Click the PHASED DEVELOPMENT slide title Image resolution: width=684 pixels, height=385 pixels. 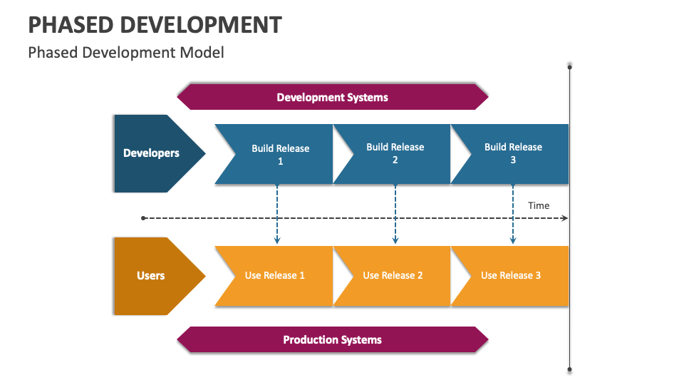tap(155, 24)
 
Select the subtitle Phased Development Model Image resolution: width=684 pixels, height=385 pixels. tap(126, 52)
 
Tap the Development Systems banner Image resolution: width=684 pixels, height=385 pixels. tap(332, 97)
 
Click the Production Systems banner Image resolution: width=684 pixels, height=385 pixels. tap(332, 339)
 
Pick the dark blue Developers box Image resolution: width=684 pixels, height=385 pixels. tap(152, 153)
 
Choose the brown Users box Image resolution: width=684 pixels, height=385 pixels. tap(151, 275)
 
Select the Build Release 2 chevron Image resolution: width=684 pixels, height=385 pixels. tap(395, 153)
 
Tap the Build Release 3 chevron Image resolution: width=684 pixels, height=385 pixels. tap(513, 153)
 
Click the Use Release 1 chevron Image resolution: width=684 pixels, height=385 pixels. tap(275, 275)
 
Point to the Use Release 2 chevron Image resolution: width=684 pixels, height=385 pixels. tap(393, 275)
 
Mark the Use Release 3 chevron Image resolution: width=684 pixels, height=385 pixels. tap(511, 275)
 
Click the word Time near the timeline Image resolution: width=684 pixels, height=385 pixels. tap(539, 205)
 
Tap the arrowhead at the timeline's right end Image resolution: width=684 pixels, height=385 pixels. tap(564, 217)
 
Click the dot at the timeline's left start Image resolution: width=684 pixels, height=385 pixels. tap(144, 217)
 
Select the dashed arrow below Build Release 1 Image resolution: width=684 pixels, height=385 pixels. tap(277, 214)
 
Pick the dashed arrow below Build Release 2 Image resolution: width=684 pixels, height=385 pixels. tap(395, 214)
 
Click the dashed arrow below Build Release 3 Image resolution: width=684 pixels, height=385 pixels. tap(513, 214)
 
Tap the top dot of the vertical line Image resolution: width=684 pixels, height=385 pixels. tap(569, 66)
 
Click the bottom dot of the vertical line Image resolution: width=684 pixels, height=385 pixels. tap(569, 369)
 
